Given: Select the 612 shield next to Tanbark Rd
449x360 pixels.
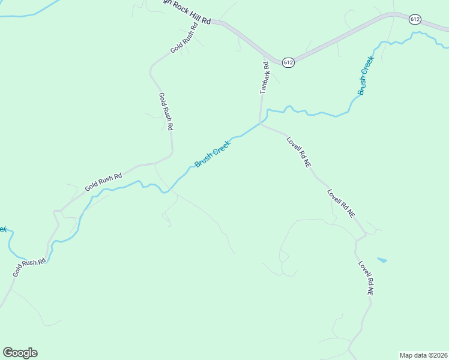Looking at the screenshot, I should coord(288,62).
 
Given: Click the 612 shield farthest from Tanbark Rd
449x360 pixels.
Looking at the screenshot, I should coord(415,19).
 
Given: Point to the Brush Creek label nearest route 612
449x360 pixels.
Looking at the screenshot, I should coord(365,76).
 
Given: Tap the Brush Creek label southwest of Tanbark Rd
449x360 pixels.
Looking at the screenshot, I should coord(212,154).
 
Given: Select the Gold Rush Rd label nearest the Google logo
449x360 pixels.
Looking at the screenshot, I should coord(29,268).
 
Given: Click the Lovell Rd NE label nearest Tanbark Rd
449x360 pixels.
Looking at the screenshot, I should coord(298,151).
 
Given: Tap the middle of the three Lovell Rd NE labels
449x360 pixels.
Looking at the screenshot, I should coord(341,203).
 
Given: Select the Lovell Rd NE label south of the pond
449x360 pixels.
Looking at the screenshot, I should coord(366,278).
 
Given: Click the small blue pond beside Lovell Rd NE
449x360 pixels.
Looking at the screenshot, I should coord(382,260).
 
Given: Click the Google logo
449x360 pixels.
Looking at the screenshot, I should coord(20,353).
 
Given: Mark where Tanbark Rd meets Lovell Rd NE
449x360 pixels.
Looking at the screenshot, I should coord(261,124).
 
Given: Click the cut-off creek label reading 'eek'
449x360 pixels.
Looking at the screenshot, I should coord(2,230).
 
